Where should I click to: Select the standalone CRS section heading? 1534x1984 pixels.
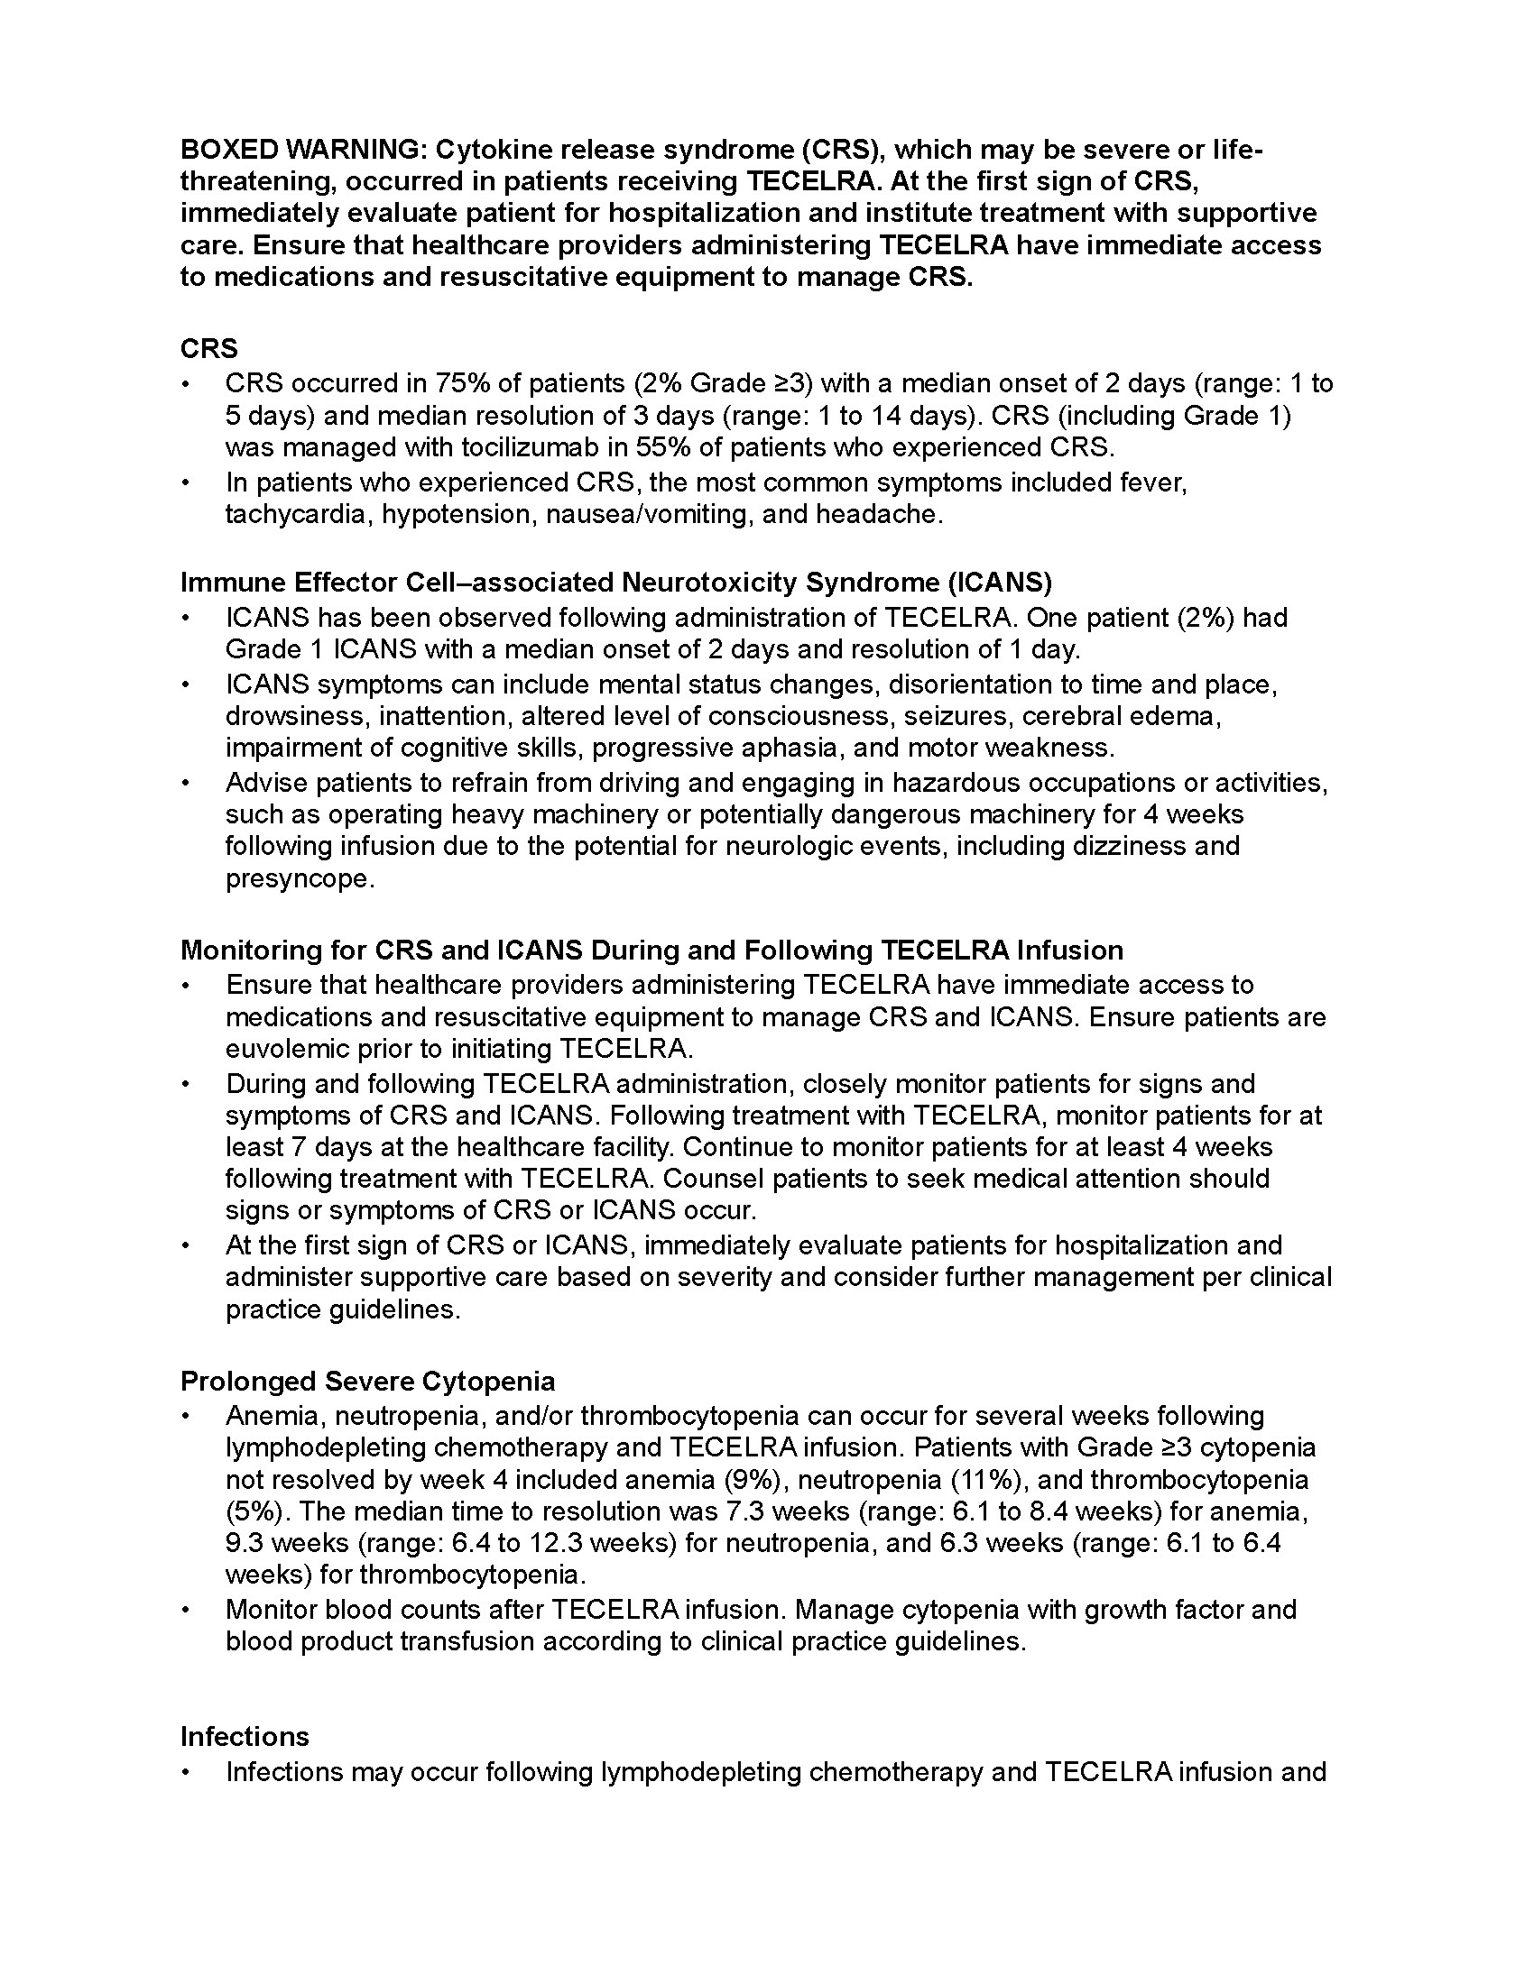point(209,349)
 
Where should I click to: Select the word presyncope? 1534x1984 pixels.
point(299,878)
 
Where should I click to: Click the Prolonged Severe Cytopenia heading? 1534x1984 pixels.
point(367,1381)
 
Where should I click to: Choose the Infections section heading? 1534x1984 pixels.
point(245,1736)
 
